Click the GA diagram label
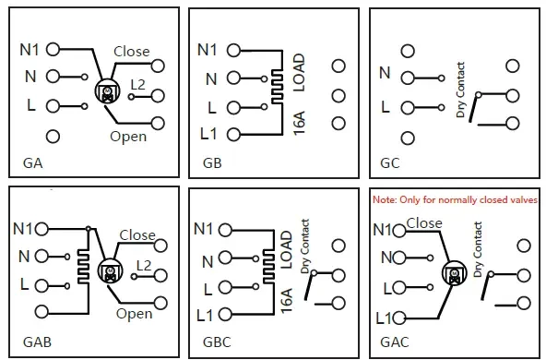click(32, 163)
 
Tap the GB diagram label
click(212, 163)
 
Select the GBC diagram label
click(217, 342)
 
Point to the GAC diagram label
click(395, 342)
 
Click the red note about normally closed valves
click(455, 199)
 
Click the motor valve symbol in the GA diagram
click(108, 91)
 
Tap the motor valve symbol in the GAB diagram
click(110, 271)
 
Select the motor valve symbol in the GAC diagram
click(455, 273)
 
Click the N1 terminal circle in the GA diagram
click(53, 50)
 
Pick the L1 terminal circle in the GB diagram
click(233, 135)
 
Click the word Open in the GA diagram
click(128, 137)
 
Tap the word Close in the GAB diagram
click(137, 235)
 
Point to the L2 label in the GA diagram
click(137, 85)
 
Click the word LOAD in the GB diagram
click(299, 73)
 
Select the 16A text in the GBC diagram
click(287, 301)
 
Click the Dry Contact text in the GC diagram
click(460, 90)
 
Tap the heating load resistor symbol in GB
click(278, 87)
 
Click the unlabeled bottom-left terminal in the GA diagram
click(53, 137)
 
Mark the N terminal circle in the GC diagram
click(408, 78)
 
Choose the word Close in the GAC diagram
click(424, 223)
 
